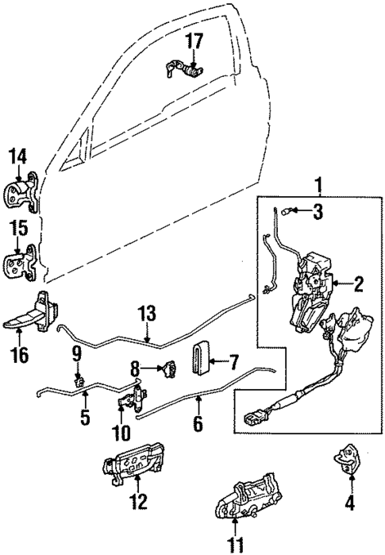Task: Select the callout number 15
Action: pyautogui.click(x=18, y=229)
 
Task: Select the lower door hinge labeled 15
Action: pyautogui.click(x=22, y=262)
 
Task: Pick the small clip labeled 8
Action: pyautogui.click(x=168, y=367)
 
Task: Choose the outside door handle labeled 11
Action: pyautogui.click(x=246, y=500)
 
